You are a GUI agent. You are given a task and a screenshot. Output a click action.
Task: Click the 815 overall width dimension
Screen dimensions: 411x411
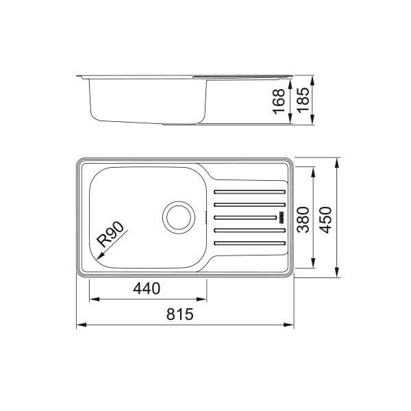click(179, 314)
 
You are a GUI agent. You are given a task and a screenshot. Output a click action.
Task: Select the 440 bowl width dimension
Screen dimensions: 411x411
click(147, 288)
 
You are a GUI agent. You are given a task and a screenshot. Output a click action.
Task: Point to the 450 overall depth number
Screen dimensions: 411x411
click(326, 220)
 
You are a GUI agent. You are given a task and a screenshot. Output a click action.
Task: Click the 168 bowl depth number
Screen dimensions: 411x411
click(279, 101)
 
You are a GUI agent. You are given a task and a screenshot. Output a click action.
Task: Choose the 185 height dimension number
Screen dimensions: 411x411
click(303, 99)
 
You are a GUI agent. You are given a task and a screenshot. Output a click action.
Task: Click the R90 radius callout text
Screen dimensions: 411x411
click(110, 234)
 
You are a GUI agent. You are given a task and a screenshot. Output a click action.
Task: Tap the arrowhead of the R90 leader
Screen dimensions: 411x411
click(99, 257)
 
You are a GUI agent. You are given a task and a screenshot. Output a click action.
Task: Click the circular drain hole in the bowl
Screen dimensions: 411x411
click(179, 218)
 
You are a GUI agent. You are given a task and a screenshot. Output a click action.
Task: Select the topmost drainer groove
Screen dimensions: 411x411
click(250, 192)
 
